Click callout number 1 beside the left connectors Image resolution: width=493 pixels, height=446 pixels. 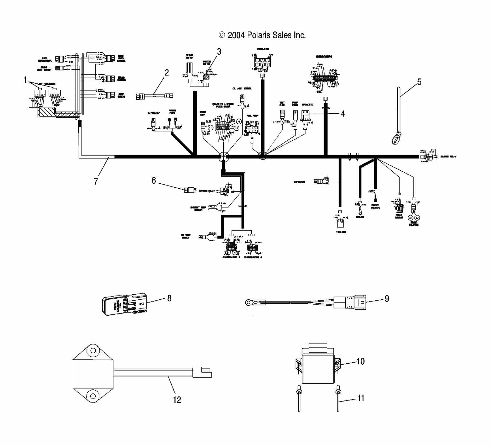click(25, 80)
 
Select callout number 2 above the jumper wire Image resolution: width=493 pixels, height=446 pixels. click(167, 73)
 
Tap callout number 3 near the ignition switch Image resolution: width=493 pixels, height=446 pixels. click(219, 52)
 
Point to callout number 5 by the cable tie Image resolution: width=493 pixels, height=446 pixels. click(419, 82)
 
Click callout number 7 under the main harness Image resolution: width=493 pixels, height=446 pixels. click(96, 181)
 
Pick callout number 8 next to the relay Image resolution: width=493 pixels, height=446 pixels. click(169, 298)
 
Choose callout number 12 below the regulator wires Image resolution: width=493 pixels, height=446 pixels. click(177, 400)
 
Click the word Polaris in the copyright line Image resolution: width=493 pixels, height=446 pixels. click(259, 35)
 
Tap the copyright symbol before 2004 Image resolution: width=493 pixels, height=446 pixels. click(222, 35)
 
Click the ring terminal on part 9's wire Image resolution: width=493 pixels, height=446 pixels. click(248, 303)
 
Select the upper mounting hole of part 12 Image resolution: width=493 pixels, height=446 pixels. click(92, 351)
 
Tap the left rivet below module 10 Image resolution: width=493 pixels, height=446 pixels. click(299, 392)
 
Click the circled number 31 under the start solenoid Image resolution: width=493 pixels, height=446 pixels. click(411, 218)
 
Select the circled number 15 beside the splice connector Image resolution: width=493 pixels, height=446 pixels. click(238, 121)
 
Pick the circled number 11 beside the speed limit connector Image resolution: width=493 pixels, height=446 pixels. click(210, 128)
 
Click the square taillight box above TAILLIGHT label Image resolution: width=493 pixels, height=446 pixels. click(340, 223)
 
